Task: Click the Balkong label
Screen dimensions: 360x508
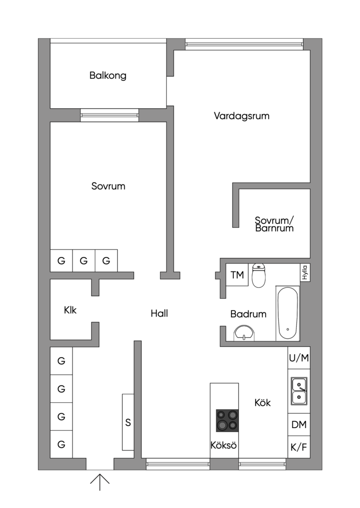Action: point(108,76)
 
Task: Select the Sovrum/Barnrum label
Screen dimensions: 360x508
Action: point(275,224)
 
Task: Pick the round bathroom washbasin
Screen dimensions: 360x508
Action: point(244,333)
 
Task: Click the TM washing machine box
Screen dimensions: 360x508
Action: point(238,275)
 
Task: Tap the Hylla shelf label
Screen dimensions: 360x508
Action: point(304,273)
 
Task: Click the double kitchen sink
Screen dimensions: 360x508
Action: point(299,391)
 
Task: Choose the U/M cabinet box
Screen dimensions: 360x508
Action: point(298,358)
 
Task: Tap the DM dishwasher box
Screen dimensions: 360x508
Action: point(298,425)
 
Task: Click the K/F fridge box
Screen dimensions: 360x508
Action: point(298,447)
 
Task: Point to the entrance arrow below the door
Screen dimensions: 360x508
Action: point(100,481)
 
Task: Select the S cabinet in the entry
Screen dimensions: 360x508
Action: point(128,422)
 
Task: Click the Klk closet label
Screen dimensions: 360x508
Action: point(71,311)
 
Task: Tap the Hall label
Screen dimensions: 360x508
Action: point(159,314)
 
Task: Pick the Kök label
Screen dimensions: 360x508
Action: point(262,403)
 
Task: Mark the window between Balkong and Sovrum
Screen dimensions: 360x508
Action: point(110,115)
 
